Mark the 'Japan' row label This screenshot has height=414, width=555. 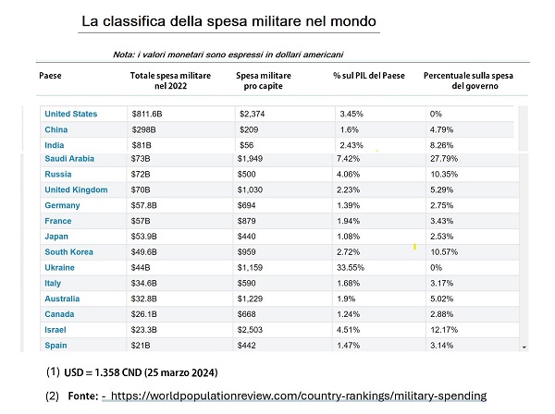point(56,237)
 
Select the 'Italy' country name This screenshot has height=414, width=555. point(54,283)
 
